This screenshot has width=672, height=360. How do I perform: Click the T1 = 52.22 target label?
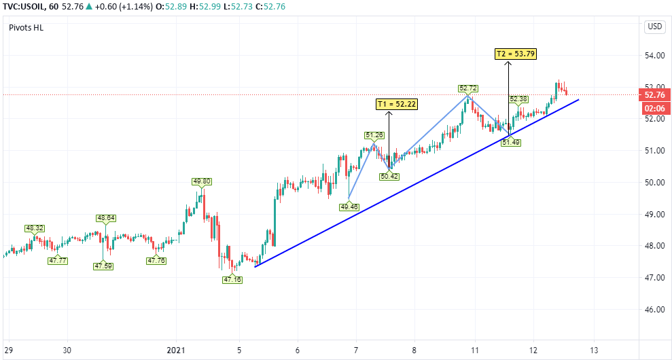pos(397,104)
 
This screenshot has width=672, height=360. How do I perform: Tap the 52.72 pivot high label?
pos(468,88)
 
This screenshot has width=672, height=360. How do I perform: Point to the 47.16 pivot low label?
pos(233,280)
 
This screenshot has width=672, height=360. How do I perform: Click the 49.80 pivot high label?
pos(201,181)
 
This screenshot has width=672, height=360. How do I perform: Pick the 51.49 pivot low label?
pos(510,141)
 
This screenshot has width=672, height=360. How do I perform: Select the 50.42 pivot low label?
pos(389,176)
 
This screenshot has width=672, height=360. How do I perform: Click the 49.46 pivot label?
pos(349,206)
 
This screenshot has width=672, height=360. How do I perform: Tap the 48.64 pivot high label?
pos(106,218)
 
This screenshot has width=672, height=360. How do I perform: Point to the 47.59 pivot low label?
pos(103,266)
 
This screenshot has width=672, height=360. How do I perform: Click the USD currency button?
pos(654,26)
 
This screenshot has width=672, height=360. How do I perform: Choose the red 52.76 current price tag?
pos(654,95)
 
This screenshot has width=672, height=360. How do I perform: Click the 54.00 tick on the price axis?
pos(654,56)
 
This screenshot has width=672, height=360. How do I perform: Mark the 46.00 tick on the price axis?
pos(654,310)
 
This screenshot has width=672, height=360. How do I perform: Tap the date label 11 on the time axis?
pos(474,350)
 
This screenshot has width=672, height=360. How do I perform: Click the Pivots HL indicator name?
pos(26,27)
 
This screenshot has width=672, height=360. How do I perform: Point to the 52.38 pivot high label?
pos(518,99)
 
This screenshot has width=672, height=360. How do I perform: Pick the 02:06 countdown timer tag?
pos(654,108)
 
